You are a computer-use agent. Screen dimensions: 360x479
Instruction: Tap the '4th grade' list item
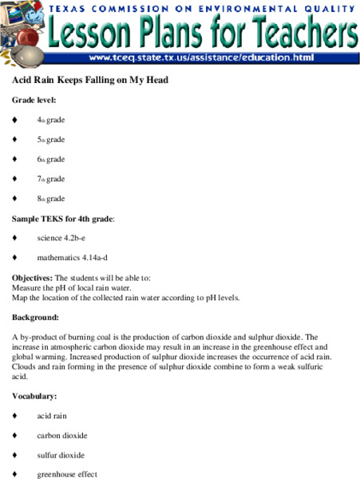(50, 120)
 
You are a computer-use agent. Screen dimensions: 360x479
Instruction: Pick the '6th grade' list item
(50, 159)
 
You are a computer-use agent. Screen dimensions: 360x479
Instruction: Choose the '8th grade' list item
(50, 198)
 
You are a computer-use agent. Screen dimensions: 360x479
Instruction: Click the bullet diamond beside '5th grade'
(15, 140)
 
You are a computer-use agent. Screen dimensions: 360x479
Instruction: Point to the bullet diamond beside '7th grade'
(15, 179)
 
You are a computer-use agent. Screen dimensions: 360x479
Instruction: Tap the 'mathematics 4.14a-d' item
(77, 258)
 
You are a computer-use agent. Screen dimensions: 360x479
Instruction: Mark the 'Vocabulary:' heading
(34, 396)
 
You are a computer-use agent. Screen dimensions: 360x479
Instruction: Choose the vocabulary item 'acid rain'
(53, 416)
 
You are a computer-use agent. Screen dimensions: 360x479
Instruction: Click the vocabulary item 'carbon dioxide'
(62, 435)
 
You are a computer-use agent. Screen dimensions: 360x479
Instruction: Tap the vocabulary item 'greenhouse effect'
(67, 474)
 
